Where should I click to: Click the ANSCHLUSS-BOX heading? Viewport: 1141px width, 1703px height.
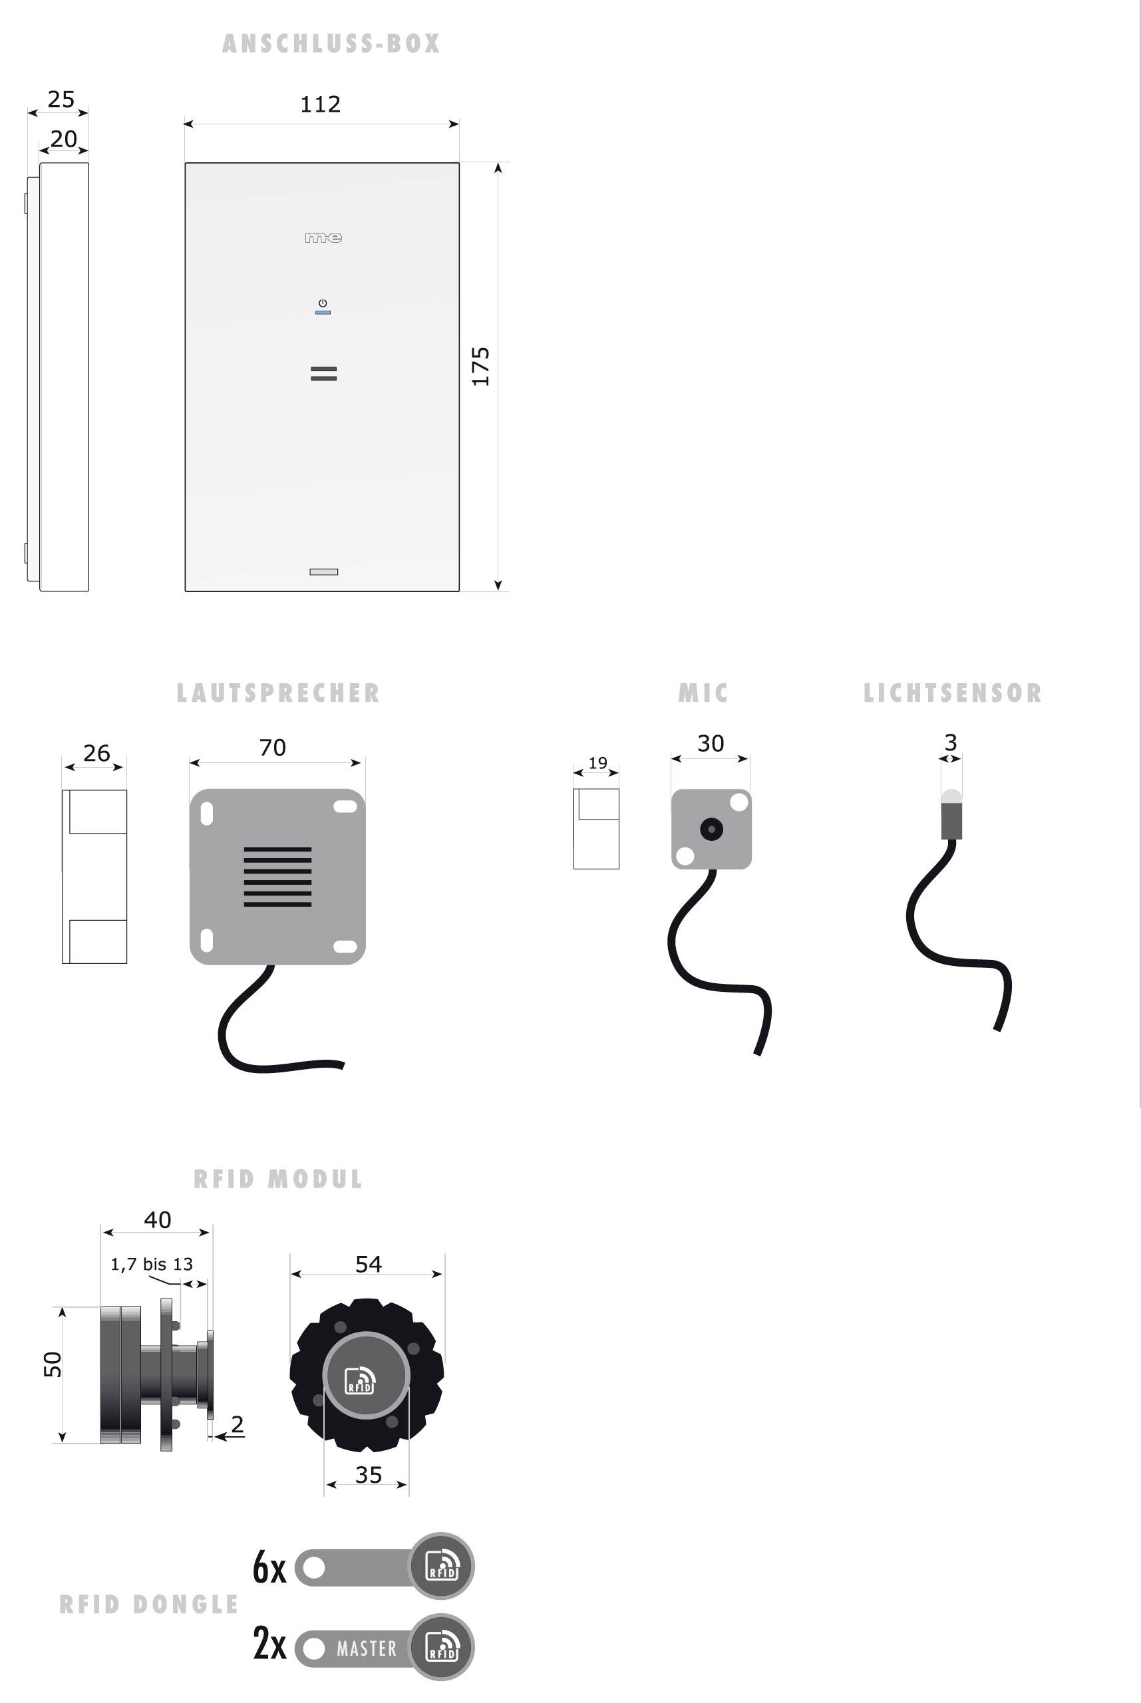tap(331, 44)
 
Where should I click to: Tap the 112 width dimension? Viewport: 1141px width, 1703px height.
tap(320, 104)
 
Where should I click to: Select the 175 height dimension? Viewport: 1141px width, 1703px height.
tap(480, 366)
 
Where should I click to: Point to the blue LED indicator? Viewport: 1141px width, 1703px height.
tap(323, 312)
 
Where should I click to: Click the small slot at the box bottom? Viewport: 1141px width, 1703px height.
tap(324, 572)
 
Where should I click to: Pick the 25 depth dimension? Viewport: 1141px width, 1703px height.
tap(61, 99)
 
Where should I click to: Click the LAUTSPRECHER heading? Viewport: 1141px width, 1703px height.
tap(278, 693)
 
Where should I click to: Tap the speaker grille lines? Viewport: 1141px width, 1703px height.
tap(277, 877)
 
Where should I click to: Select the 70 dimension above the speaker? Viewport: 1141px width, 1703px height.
tap(273, 747)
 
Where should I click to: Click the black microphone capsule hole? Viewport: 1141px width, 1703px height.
tap(711, 829)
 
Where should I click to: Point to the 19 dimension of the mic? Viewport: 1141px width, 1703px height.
tap(597, 762)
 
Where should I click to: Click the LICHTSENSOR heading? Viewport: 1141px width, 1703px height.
tap(952, 693)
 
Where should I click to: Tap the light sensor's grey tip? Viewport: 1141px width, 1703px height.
tap(951, 796)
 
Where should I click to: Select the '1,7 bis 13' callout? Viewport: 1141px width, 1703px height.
tap(152, 1265)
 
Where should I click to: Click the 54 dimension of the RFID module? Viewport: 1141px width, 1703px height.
tap(368, 1263)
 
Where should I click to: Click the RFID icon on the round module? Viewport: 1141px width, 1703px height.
tap(359, 1379)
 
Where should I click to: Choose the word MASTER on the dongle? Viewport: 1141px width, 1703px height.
tap(367, 1648)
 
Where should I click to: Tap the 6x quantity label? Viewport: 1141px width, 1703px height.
tap(269, 1567)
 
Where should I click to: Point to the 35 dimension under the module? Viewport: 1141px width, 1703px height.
tap(368, 1475)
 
